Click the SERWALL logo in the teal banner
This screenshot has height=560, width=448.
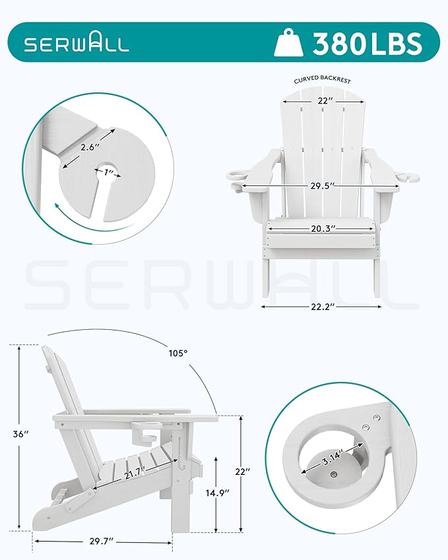(77, 44)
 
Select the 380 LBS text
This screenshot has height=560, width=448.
(367, 44)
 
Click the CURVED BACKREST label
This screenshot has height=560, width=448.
(322, 80)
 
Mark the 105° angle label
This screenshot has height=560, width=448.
(178, 353)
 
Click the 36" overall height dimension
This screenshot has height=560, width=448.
(22, 434)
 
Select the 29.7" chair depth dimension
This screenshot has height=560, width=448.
(101, 541)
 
